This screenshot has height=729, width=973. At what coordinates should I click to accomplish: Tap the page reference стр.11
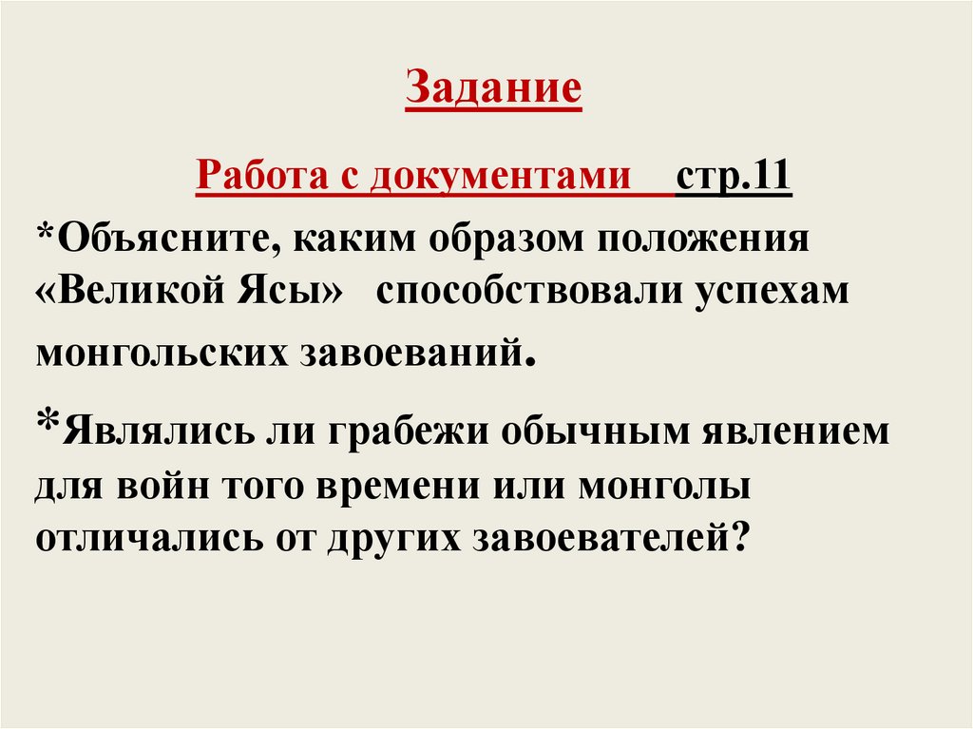[734, 176]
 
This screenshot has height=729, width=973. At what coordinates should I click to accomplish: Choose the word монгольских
[162, 351]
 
